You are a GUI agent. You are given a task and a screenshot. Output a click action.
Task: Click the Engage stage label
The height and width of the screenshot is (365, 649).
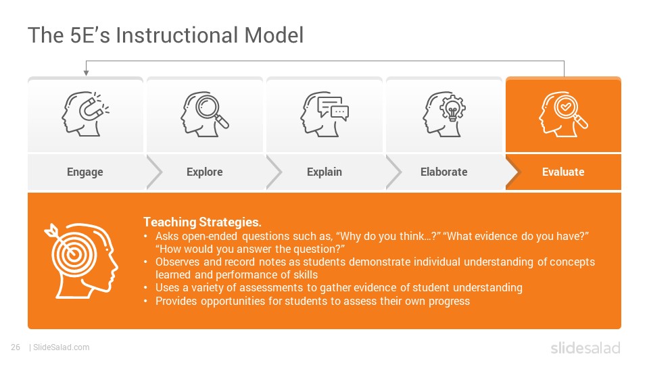[x=85, y=172]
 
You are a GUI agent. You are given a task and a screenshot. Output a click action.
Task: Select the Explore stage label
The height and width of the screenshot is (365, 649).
[x=204, y=172]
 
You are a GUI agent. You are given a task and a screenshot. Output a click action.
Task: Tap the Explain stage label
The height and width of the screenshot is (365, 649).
[x=324, y=172]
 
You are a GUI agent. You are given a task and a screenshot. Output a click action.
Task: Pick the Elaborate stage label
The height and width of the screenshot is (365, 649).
[x=443, y=172]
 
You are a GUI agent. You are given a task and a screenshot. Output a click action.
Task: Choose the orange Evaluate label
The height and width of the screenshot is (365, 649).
[x=563, y=172]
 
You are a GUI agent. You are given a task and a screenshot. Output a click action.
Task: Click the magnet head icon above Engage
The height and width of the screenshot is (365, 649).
[x=85, y=114]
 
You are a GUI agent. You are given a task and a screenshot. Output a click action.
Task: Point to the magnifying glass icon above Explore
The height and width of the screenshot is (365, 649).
[x=204, y=114]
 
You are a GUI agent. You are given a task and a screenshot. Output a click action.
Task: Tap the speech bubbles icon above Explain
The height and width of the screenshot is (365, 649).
[x=324, y=114]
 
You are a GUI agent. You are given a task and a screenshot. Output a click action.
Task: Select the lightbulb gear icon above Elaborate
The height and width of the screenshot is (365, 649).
[x=443, y=114]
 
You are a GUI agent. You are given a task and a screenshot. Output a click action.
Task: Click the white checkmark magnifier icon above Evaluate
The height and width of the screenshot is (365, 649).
[x=563, y=114]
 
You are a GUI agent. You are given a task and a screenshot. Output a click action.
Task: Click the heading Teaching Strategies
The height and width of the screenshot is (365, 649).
[x=202, y=222]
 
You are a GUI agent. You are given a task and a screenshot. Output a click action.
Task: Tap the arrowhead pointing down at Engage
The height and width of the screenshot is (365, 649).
[x=86, y=73]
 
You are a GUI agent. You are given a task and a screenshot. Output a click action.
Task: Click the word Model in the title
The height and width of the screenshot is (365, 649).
[x=274, y=35]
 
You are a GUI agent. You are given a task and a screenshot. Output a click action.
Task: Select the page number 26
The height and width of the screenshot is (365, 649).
[x=16, y=347]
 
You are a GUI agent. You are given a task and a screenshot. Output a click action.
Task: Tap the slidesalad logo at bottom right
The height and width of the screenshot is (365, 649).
[x=585, y=347]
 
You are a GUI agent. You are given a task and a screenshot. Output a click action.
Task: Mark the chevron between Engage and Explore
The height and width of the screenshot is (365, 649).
[x=154, y=172]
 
